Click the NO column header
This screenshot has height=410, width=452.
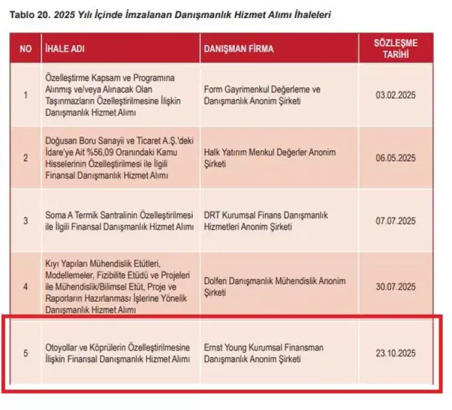(x=25, y=49)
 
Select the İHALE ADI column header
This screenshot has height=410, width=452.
(x=60, y=49)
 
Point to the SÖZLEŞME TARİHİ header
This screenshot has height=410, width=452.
(x=395, y=48)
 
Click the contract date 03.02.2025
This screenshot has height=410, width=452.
(x=395, y=95)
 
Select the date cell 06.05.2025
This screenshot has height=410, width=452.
(x=395, y=158)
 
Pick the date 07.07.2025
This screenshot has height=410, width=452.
(x=395, y=221)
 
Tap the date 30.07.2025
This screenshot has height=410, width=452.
(x=395, y=287)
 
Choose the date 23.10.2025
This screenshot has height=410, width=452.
(x=395, y=353)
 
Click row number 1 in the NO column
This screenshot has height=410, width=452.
(x=25, y=95)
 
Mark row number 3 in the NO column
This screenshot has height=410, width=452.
(x=25, y=221)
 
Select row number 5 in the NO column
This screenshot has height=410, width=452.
(x=25, y=353)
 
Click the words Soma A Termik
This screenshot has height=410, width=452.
(x=74, y=216)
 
